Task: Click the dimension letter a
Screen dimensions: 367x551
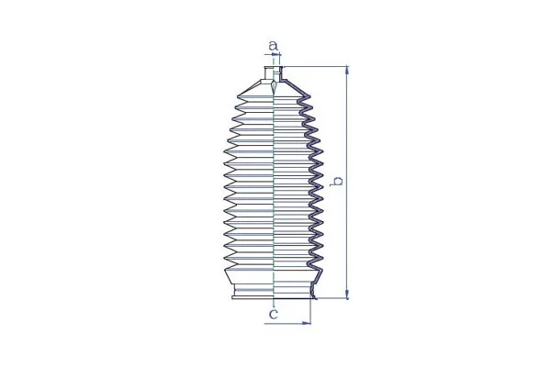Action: coord(273,44)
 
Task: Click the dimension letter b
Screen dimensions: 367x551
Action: coord(338,182)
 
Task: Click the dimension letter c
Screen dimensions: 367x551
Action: coord(273,315)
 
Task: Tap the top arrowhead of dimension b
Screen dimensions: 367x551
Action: coord(346,70)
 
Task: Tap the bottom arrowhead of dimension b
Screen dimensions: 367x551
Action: coord(346,295)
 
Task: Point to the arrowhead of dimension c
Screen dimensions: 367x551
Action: coord(308,324)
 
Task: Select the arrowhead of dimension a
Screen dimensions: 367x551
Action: coord(278,56)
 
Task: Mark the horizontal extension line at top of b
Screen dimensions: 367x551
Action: coord(317,66)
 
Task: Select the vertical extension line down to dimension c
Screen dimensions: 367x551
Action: coord(312,312)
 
